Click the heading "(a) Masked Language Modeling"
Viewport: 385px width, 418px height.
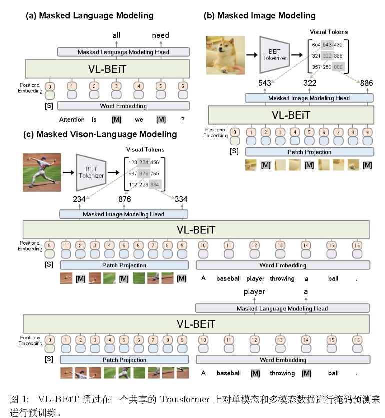(90, 16)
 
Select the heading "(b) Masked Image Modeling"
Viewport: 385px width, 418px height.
(259, 16)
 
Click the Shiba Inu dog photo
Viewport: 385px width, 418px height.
(225, 56)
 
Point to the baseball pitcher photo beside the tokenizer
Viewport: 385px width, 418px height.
(42, 172)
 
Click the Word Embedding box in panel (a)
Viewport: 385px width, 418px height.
(123, 106)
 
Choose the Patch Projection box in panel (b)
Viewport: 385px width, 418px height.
(309, 152)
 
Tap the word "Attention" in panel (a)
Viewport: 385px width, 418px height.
(72, 120)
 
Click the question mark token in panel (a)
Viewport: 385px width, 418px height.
(183, 120)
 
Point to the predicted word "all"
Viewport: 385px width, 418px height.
(117, 35)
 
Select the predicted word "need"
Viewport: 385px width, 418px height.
(160, 35)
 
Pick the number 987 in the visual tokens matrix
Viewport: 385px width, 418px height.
(133, 173)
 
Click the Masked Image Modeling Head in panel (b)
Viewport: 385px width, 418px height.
(309, 98)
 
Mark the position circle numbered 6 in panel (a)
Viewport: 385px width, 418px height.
(183, 86)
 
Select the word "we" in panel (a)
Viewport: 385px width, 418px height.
(139, 120)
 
